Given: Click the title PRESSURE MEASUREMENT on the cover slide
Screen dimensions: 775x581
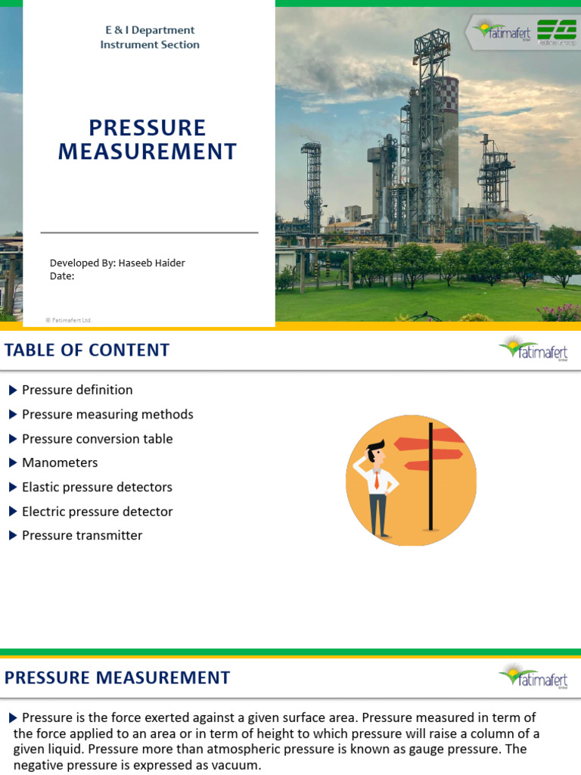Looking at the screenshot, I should pyautogui.click(x=148, y=139).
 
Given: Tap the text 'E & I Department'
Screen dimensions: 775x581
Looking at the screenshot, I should pyautogui.click(x=150, y=30).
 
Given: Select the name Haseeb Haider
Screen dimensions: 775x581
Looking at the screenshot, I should pyautogui.click(x=152, y=263).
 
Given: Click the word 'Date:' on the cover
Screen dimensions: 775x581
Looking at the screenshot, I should pyautogui.click(x=62, y=276).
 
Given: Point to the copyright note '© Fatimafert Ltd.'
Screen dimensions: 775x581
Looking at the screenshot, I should pyautogui.click(x=69, y=320).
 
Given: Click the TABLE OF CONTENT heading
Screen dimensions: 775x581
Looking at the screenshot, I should pyautogui.click(x=87, y=350).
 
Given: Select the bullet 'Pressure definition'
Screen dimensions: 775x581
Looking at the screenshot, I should pyautogui.click(x=77, y=390).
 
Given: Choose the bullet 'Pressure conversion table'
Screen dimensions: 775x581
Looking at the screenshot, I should pyautogui.click(x=97, y=439).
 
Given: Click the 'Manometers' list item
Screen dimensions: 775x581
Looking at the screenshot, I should pyautogui.click(x=60, y=462).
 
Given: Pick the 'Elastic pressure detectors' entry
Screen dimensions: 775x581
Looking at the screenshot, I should pyautogui.click(x=97, y=487).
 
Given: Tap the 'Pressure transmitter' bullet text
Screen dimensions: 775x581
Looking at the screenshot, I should pyautogui.click(x=82, y=535).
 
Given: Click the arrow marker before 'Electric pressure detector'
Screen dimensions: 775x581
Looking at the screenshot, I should pyautogui.click(x=13, y=512).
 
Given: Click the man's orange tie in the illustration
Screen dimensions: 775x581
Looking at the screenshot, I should pyautogui.click(x=376, y=481).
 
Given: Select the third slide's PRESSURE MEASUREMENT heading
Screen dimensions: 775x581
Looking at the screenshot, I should pyautogui.click(x=117, y=677).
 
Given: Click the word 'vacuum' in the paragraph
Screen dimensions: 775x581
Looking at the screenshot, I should pyautogui.click(x=238, y=765).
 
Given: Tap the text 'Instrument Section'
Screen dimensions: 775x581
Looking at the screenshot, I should pyautogui.click(x=150, y=45).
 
